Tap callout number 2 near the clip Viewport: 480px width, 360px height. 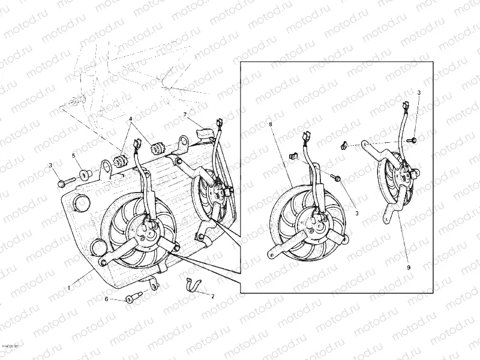[212, 295]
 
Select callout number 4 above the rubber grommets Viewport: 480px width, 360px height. [130, 119]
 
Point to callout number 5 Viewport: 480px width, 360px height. [74, 156]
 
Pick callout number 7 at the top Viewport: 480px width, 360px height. [185, 114]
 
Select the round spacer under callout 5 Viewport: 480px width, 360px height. [85, 175]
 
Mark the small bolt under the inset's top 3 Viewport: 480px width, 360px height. [413, 139]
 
